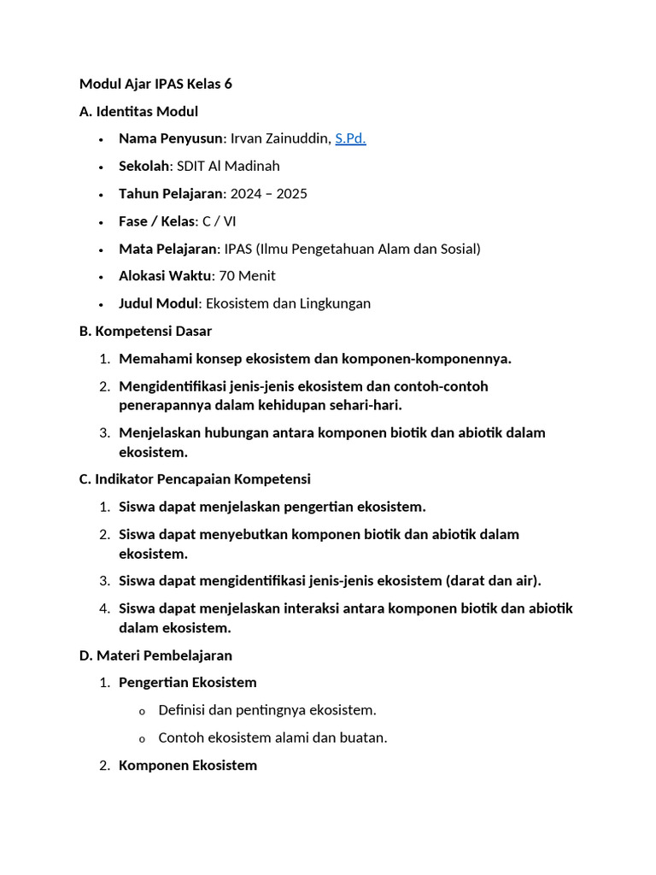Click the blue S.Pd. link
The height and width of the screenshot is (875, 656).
pyautogui.click(x=350, y=138)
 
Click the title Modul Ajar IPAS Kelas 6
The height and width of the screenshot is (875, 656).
pyautogui.click(x=155, y=84)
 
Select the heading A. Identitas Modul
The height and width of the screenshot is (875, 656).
pyautogui.click(x=138, y=111)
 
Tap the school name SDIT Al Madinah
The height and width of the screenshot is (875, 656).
pyautogui.click(x=228, y=166)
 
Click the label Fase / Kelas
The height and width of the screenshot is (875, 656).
pyautogui.click(x=156, y=221)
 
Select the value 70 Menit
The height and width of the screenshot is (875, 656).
pyautogui.click(x=248, y=276)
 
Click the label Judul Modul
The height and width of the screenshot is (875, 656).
pyautogui.click(x=158, y=303)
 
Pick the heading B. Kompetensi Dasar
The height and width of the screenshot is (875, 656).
pyautogui.click(x=145, y=331)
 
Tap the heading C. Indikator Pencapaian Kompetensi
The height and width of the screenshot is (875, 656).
pyautogui.click(x=195, y=479)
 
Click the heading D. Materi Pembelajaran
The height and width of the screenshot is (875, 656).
pyautogui.click(x=155, y=655)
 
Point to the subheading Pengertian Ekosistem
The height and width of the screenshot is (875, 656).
pyautogui.click(x=188, y=683)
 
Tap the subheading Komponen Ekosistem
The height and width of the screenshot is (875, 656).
pyautogui.click(x=188, y=765)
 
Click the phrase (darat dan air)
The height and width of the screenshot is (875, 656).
pyautogui.click(x=493, y=581)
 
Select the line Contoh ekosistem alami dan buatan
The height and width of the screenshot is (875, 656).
pyautogui.click(x=272, y=737)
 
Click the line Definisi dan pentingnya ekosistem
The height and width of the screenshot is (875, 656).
pyautogui.click(x=267, y=710)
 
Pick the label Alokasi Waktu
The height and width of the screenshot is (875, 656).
pyautogui.click(x=165, y=276)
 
